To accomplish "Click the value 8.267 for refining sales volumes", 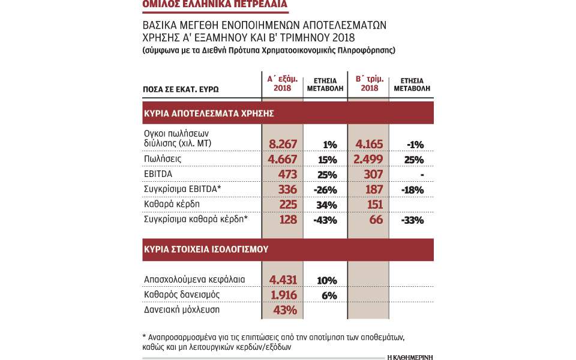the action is [283, 144].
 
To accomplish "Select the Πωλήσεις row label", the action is [163, 158].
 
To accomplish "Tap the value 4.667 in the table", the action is [282, 160].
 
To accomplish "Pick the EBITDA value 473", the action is [287, 175].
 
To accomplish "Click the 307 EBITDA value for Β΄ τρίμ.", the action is [373, 175].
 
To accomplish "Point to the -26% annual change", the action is [325, 190].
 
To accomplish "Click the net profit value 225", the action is [288, 205].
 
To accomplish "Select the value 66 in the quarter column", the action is [376, 220].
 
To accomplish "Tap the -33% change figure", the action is [412, 220].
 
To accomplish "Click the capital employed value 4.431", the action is [283, 280].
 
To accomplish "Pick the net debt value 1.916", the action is [284, 295].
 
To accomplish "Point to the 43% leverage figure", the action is [285, 310].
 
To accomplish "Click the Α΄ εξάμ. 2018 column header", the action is [283, 84].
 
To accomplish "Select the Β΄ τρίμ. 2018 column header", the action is [370, 84].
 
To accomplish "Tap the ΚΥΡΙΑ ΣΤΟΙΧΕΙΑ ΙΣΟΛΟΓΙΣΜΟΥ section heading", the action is [206, 250].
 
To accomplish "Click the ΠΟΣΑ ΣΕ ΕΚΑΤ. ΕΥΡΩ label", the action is [181, 89].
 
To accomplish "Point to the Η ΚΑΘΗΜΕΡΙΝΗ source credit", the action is [410, 357].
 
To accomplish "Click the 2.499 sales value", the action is [368, 160].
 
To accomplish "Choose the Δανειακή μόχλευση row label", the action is [182, 310].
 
